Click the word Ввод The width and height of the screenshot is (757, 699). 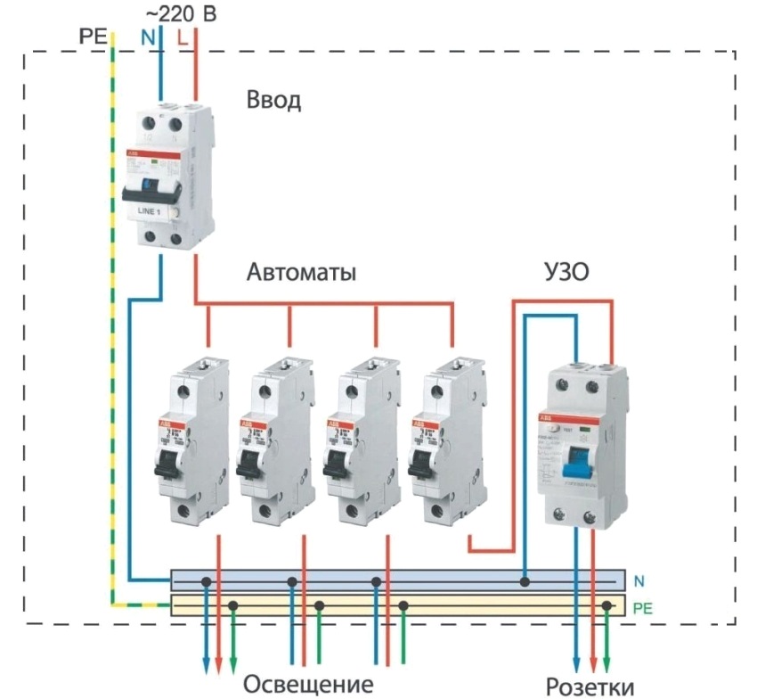[274, 100]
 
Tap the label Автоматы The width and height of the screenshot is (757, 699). [301, 273]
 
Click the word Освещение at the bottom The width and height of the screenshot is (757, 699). [307, 685]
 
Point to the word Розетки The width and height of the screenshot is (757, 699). [591, 687]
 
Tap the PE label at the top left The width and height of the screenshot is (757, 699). [93, 37]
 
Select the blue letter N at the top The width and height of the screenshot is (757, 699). [147, 37]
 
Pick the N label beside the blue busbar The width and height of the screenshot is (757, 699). [639, 581]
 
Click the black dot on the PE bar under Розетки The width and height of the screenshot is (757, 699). [606, 606]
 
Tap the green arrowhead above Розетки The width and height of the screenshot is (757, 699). [607, 663]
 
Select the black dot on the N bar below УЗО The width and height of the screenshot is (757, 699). [525, 581]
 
